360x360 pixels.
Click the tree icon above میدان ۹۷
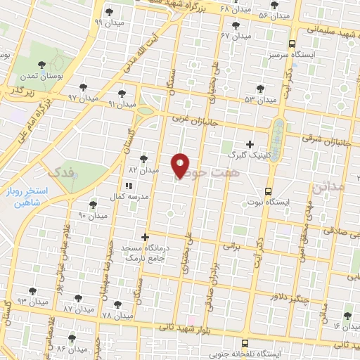tap(83, 86)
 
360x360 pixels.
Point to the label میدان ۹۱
tap(122, 104)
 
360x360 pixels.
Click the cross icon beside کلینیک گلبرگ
tap(249, 143)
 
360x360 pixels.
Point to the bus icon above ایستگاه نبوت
tap(268, 191)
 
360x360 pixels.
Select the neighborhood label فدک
tap(56, 171)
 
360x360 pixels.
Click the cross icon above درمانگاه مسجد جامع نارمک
tap(146, 237)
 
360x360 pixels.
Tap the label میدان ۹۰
tap(91, 215)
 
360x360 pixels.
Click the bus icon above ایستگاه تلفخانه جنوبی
tap(244, 343)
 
